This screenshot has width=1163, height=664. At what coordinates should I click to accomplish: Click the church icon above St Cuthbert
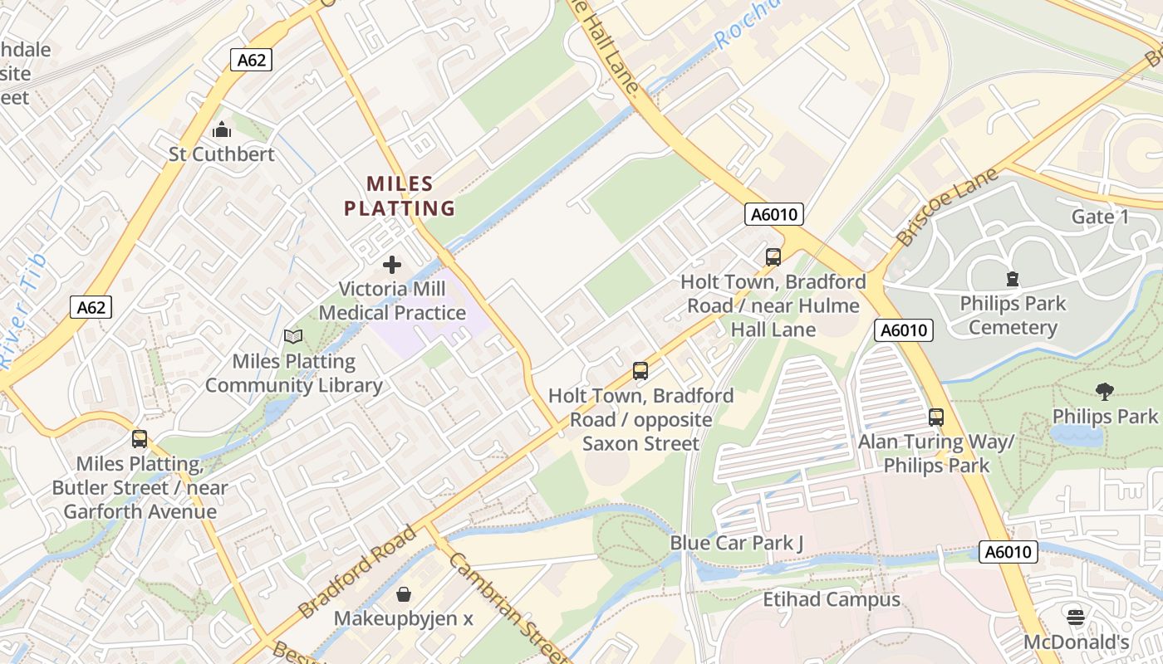(222, 130)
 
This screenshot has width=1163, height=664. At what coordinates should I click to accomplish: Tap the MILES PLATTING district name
(400, 196)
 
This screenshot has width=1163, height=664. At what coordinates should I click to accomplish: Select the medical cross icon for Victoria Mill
(392, 266)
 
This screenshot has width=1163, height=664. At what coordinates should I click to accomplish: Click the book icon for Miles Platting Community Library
(293, 336)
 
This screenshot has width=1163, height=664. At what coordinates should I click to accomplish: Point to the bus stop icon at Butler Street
(140, 438)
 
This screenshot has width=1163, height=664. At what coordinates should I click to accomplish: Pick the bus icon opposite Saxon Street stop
(640, 371)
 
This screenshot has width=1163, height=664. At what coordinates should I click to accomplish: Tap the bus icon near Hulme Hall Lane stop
(773, 257)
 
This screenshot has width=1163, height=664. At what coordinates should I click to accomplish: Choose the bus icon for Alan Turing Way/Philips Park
(936, 417)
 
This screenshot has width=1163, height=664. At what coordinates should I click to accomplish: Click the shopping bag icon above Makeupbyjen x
(404, 594)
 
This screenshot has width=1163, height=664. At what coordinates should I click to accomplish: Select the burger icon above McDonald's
(1076, 617)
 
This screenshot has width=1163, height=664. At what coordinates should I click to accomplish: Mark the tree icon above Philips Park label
(1104, 391)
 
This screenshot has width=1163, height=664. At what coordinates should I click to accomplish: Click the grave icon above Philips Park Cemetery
(1012, 279)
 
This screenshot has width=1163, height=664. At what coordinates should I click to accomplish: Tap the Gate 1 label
(1100, 217)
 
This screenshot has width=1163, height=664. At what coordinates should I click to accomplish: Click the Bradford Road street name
(357, 572)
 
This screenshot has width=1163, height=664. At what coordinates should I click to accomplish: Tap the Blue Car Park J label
(737, 543)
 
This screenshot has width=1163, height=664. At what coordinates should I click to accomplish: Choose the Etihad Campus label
(832, 599)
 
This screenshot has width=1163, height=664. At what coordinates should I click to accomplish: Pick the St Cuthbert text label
(222, 154)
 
